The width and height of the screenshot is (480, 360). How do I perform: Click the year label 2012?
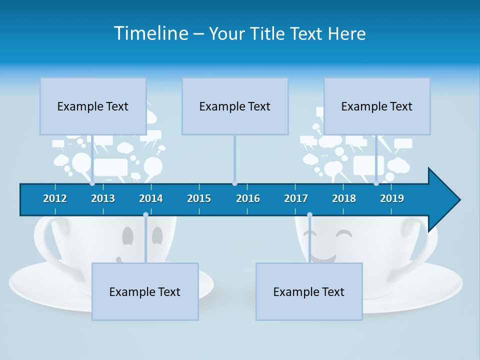pyautogui.click(x=55, y=198)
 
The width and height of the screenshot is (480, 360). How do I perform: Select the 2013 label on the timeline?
pyautogui.click(x=103, y=198)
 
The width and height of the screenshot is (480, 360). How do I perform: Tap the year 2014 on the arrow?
pyautogui.click(x=151, y=198)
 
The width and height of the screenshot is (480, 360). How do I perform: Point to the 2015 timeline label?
pyautogui.click(x=199, y=198)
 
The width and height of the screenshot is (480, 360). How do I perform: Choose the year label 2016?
pyautogui.click(x=248, y=198)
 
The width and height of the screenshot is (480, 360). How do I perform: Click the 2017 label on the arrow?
pyautogui.click(x=296, y=198)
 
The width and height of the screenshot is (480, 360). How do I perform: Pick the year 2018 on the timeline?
pyautogui.click(x=344, y=198)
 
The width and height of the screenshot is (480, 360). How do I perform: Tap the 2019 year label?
pyautogui.click(x=392, y=198)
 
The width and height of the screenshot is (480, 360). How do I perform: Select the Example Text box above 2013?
pyautogui.click(x=93, y=106)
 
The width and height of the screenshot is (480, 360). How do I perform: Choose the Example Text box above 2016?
pyautogui.click(x=235, y=106)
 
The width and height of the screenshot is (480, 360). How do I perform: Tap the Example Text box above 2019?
pyautogui.click(x=377, y=106)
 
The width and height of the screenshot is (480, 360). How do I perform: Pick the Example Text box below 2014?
pyautogui.click(x=145, y=291)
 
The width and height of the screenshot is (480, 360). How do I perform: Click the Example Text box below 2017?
pyautogui.click(x=309, y=291)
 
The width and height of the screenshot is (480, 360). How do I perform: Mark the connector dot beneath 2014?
pyautogui.click(x=145, y=215)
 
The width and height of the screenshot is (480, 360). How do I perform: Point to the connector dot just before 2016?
pyautogui.click(x=234, y=183)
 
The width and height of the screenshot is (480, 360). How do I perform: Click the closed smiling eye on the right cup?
pyautogui.click(x=344, y=233)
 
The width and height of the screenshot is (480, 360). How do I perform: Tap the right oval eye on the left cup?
pyautogui.click(x=157, y=235)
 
